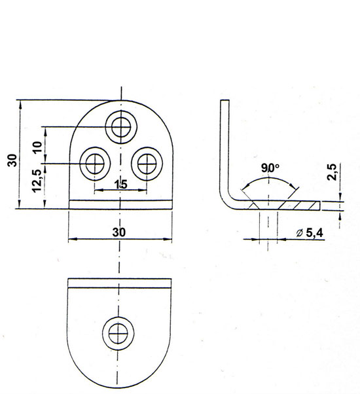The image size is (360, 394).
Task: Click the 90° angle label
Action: click(270, 168)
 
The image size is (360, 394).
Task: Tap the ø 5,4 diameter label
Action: click(310, 233)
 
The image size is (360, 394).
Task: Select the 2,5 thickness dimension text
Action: click(332, 172)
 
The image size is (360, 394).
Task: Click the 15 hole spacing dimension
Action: click(121, 185)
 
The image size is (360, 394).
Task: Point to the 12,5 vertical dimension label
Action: click(37, 181)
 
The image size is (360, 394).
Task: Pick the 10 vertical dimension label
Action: click(38, 147)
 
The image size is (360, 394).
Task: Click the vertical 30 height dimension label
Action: click(12, 160)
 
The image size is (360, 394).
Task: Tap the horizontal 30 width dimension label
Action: click(119, 232)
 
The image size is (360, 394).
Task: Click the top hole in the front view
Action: click(121, 127)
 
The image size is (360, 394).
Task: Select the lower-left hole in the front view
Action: click(95, 164)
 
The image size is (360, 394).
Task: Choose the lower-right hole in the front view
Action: click(147, 164)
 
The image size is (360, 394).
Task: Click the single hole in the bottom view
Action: click(118, 333)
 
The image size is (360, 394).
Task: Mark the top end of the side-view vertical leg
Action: click(225, 101)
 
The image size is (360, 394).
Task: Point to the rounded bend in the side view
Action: click(227, 200)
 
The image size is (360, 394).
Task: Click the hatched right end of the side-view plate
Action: click(300, 206)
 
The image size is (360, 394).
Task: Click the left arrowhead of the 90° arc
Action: click(246, 186)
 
